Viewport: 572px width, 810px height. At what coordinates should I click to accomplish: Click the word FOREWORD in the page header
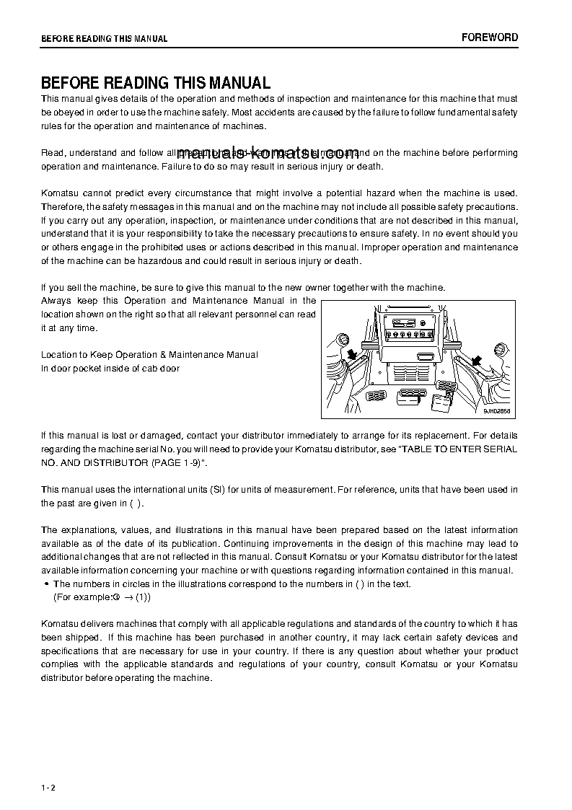pyautogui.click(x=489, y=38)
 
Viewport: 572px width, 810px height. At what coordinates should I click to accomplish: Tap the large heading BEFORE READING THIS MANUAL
pyautogui.click(x=156, y=83)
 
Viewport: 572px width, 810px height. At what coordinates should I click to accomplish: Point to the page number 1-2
pyautogui.click(x=48, y=786)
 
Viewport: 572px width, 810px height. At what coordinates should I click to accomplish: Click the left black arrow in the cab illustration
pyautogui.click(x=352, y=354)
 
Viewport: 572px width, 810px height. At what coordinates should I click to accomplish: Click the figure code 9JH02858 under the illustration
pyautogui.click(x=496, y=411)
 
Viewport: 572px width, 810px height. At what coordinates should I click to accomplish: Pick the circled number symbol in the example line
pyautogui.click(x=115, y=597)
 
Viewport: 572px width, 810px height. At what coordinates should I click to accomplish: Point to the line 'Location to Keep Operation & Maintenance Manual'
pyautogui.click(x=149, y=355)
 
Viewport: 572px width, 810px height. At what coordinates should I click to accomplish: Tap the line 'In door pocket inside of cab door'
pyautogui.click(x=110, y=368)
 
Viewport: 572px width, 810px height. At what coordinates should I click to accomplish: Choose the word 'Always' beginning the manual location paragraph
pyautogui.click(x=56, y=300)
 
